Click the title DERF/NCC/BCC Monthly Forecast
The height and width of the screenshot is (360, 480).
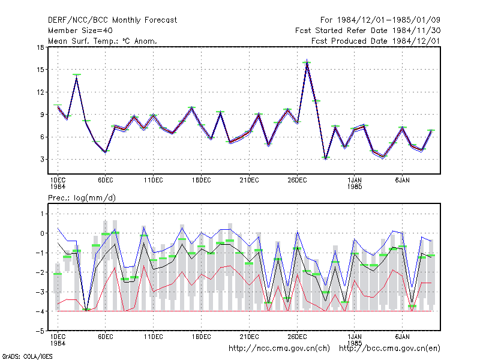tap(112, 20)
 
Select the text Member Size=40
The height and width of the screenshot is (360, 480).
tap(80, 31)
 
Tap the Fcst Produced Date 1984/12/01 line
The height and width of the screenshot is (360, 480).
tap(376, 41)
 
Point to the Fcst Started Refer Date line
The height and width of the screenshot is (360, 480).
tap(368, 31)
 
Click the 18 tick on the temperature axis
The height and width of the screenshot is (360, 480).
tap(40, 47)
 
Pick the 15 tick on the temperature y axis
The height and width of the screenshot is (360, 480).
tap(40, 70)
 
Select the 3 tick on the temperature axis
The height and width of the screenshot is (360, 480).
tap(42, 160)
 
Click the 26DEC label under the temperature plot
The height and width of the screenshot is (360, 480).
tap(297, 181)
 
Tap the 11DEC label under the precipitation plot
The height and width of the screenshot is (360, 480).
tap(154, 337)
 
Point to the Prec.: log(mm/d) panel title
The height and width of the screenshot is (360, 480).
tap(82, 198)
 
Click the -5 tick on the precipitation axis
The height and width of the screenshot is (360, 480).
tap(40, 331)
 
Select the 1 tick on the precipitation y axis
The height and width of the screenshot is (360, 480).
tap(42, 214)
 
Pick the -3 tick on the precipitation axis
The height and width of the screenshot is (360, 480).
tap(40, 292)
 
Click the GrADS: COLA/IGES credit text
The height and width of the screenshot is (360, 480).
tap(27, 356)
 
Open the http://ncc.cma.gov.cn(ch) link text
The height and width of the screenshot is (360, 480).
tap(279, 349)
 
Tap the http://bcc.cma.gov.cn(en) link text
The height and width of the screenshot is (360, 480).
tap(389, 349)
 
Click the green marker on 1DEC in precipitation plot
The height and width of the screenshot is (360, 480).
tap(58, 274)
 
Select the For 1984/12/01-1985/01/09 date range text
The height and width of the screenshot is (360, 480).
tap(380, 20)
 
